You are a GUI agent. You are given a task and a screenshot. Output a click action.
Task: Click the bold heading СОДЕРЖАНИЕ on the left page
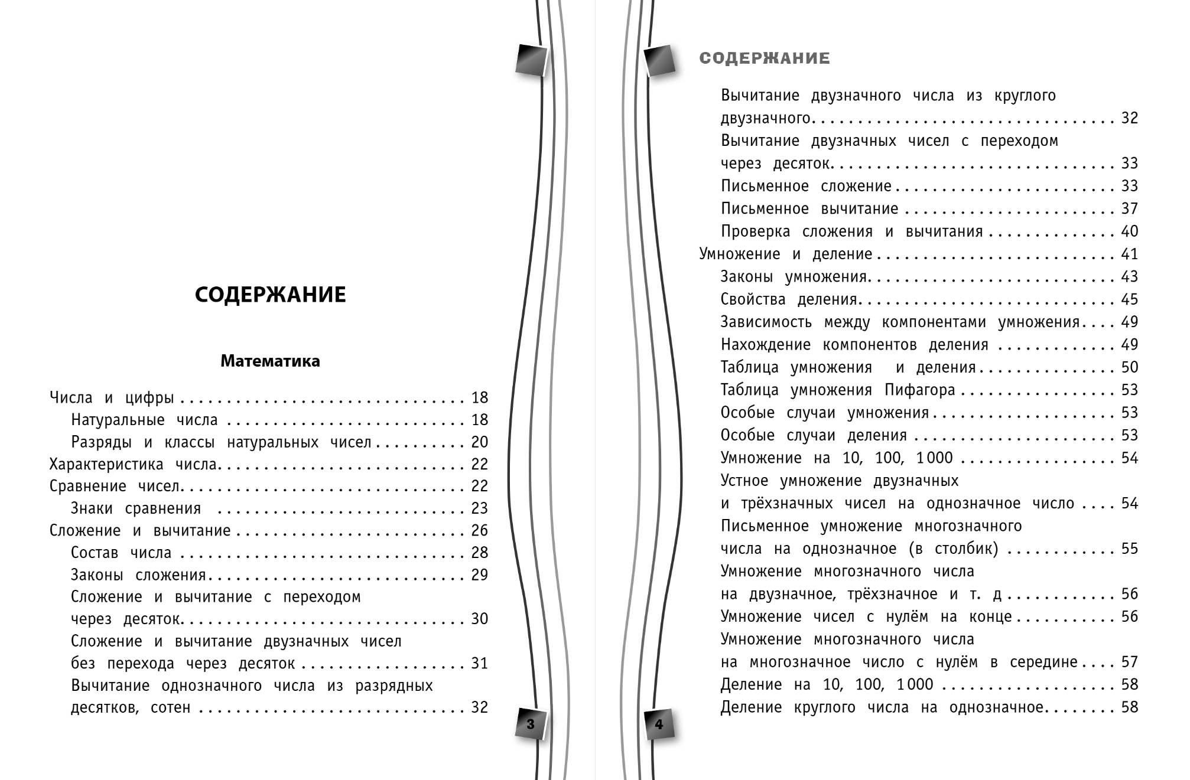(x=270, y=295)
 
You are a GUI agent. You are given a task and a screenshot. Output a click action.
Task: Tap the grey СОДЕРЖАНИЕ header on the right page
(x=765, y=58)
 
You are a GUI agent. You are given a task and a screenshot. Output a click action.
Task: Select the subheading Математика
(x=270, y=361)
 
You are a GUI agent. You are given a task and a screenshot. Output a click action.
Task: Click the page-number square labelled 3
(x=530, y=724)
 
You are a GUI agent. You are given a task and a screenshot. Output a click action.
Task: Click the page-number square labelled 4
(x=659, y=724)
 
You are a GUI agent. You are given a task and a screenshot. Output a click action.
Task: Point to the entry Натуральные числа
(x=144, y=420)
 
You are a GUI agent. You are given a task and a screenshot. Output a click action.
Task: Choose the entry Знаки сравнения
(x=136, y=508)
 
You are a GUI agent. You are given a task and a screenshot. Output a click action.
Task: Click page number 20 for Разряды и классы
(x=479, y=442)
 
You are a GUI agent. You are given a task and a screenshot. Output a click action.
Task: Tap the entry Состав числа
(x=121, y=553)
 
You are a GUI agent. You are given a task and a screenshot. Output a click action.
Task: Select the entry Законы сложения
(x=138, y=575)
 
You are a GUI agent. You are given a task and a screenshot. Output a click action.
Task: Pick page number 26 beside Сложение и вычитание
(x=479, y=531)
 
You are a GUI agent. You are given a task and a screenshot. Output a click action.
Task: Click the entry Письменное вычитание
(x=809, y=209)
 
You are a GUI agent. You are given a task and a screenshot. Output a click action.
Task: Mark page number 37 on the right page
(x=1129, y=209)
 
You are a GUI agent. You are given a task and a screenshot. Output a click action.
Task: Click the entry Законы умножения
(x=794, y=277)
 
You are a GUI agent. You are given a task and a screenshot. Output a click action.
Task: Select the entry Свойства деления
(x=789, y=299)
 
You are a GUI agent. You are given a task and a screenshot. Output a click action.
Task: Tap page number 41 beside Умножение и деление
(x=1129, y=254)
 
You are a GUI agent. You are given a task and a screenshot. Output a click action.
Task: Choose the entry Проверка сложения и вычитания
(x=851, y=231)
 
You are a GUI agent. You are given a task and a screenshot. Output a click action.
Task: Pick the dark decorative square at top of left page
(x=531, y=60)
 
